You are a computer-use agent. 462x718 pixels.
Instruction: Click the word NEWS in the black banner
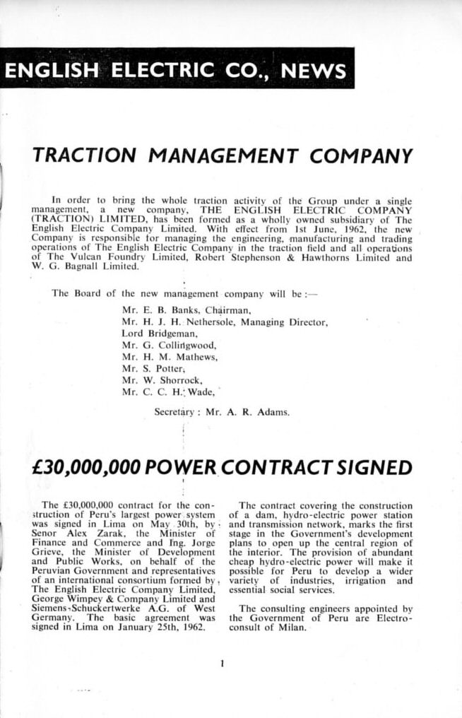314,71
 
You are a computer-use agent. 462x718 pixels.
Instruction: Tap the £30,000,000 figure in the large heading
88,468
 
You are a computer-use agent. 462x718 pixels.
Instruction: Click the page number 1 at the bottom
222,664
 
